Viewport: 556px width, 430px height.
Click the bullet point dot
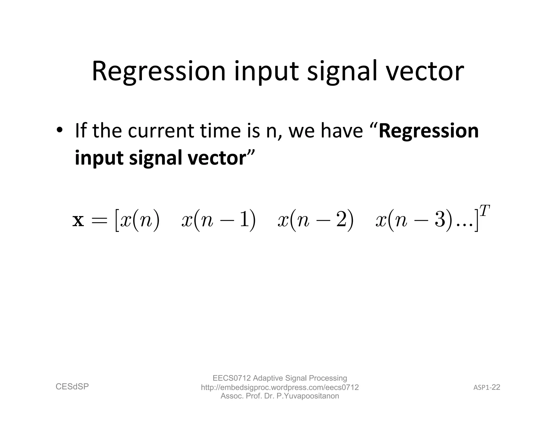point(59,130)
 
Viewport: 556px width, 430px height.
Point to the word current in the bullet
point(161,131)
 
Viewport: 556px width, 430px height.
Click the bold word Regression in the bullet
point(428,131)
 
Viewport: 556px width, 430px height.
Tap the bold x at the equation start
point(78,220)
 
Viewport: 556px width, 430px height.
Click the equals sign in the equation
point(100,221)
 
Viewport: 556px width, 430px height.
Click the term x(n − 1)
point(218,220)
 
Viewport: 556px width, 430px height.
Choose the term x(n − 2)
point(315,220)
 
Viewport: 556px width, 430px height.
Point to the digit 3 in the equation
point(439,220)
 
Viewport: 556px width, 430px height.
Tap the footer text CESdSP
point(72,387)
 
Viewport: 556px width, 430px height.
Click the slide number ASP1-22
point(486,387)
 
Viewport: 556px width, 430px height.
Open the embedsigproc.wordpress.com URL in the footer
point(280,387)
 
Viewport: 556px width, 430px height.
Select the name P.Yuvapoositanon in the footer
point(308,396)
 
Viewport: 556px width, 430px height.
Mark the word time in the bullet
point(220,131)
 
